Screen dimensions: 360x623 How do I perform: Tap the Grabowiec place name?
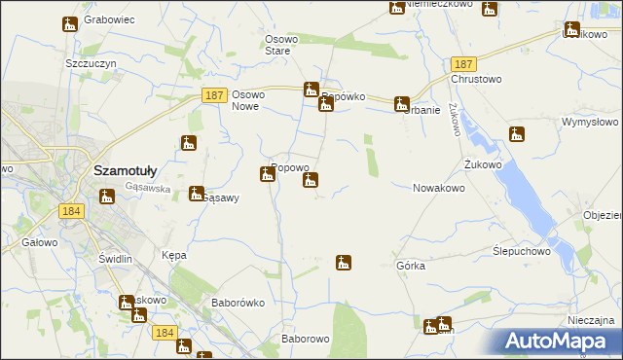108,19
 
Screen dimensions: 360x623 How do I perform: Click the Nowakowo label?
438,188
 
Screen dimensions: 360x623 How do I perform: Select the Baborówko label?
238,303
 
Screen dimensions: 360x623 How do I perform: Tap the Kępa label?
173,255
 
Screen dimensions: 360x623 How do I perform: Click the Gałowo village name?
38,242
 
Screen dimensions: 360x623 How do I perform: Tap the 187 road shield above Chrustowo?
462,61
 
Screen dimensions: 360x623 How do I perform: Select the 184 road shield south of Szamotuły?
70,211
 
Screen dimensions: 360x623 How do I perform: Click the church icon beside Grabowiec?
69,25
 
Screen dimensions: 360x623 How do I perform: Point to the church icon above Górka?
343,262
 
